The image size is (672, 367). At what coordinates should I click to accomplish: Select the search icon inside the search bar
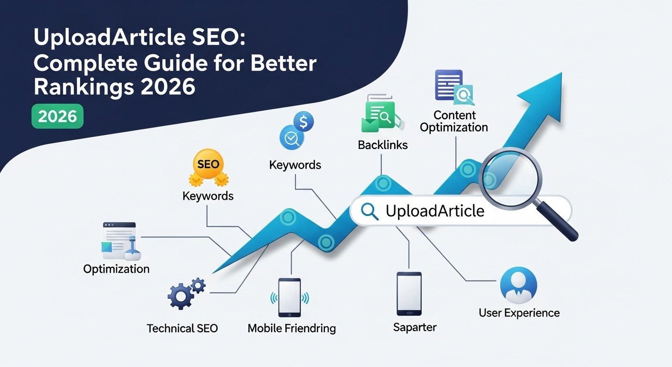(370, 211)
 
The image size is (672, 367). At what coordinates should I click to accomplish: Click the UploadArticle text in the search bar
(435, 211)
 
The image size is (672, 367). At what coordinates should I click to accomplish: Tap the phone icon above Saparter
(409, 293)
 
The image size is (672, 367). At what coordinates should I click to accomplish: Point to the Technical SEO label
(182, 328)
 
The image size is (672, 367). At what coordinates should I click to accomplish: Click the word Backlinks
(383, 144)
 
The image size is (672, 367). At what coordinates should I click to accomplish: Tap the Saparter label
(415, 327)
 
